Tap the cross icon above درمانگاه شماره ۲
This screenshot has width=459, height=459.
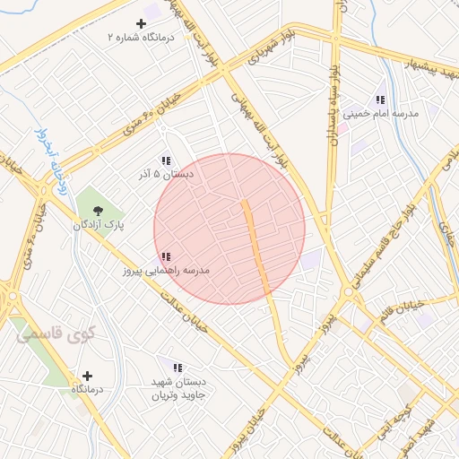click(141, 23)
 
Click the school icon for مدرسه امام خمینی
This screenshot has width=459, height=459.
click(380, 100)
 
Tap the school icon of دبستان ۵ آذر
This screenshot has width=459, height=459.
click(166, 160)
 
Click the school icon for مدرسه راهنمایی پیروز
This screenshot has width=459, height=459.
click(166, 256)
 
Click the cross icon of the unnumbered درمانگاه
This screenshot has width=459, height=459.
click(87, 376)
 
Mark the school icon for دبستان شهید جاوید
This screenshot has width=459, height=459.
click(178, 368)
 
